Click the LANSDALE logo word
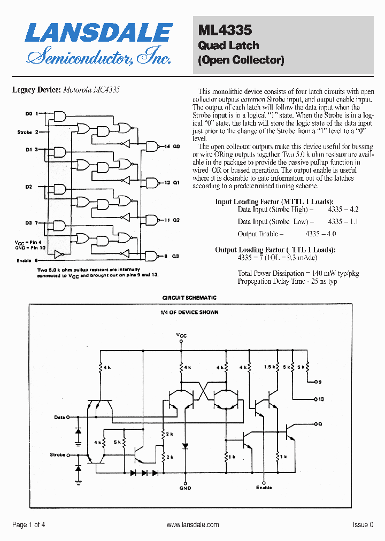[x=98, y=33]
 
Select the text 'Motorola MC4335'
[x=91, y=90]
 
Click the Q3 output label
[x=175, y=256]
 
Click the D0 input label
[x=29, y=114]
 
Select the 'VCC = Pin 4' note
[x=28, y=242]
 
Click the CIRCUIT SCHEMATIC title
[x=189, y=298]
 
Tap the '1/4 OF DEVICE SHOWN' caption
[x=189, y=312]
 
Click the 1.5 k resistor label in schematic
[x=269, y=367]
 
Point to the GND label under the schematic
[x=185, y=488]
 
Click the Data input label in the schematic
[x=59, y=417]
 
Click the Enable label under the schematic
[x=264, y=488]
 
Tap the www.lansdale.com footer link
[x=192, y=525]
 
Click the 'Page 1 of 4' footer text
[x=29, y=525]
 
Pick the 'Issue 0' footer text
[x=363, y=525]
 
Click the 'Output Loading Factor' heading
[x=275, y=250]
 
